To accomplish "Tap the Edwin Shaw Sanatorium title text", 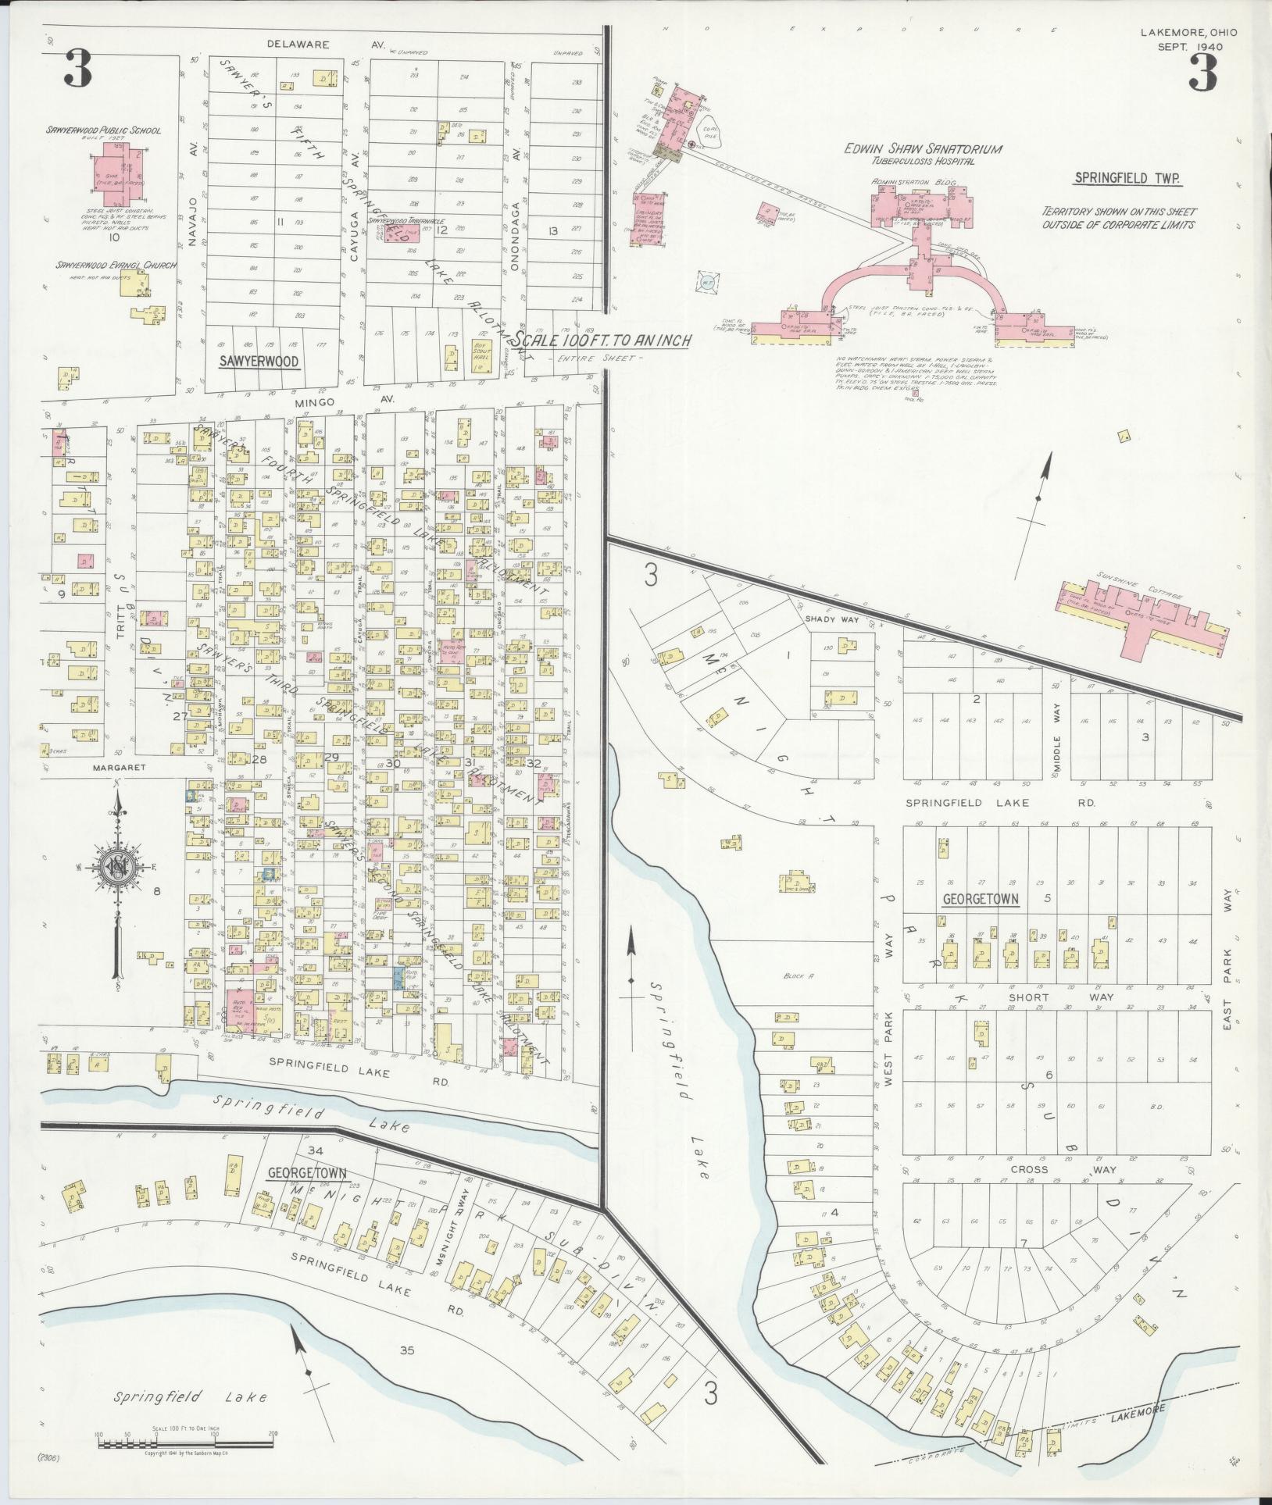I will point(923,149).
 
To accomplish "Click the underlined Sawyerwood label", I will point(248,362).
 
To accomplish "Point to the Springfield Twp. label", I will point(1127,178).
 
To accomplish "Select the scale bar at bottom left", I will point(185,1443).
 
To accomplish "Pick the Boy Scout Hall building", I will point(480,355).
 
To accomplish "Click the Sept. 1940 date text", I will point(1188,46).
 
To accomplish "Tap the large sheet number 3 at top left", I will point(79,69).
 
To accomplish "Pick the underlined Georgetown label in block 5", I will point(980,898).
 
